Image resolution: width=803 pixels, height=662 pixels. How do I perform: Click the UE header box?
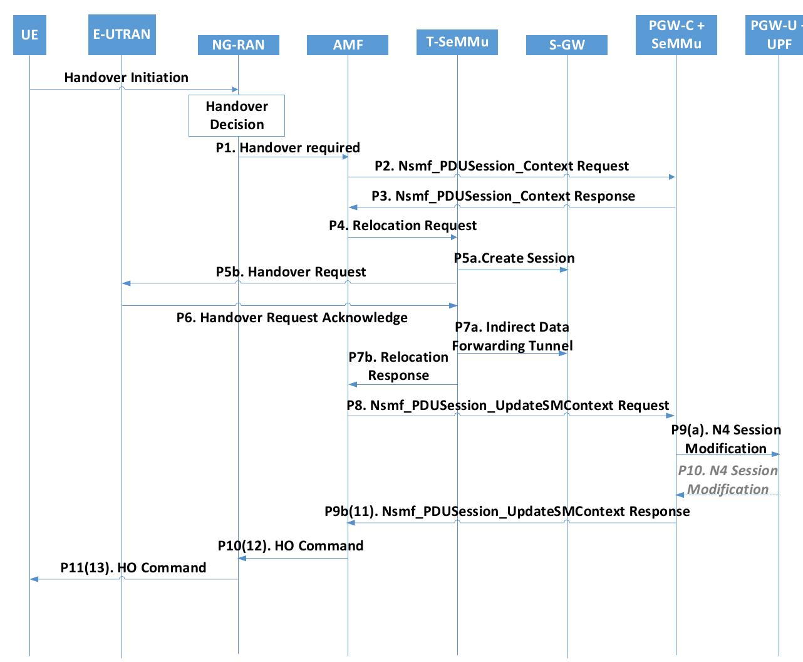(x=29, y=35)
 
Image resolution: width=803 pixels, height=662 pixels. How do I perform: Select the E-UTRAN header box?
(x=122, y=34)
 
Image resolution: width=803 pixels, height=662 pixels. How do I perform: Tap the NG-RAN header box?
(x=238, y=45)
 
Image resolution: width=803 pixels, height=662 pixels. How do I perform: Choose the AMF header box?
(x=348, y=45)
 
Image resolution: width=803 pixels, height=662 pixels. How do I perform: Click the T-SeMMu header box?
(x=457, y=42)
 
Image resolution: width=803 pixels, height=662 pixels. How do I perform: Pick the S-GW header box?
(x=567, y=45)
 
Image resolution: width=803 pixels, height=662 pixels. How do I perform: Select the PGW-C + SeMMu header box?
(x=676, y=35)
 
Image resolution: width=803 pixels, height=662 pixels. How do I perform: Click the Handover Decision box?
(x=237, y=115)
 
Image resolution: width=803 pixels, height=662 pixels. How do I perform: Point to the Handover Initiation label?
(x=126, y=78)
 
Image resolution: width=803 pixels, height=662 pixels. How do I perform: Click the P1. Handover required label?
(x=288, y=148)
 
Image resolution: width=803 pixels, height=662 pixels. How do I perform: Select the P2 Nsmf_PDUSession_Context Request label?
(x=501, y=166)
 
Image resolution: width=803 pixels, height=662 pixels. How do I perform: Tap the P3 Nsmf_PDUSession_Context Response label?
(x=503, y=196)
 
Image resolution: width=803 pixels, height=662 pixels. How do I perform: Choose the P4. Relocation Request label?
(x=403, y=226)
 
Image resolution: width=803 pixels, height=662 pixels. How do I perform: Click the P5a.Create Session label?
(x=514, y=258)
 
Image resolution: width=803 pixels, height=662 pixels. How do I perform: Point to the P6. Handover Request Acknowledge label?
(x=292, y=318)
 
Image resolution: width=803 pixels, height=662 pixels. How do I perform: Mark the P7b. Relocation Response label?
(x=398, y=366)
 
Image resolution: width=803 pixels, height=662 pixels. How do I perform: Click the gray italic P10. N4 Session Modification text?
(x=728, y=480)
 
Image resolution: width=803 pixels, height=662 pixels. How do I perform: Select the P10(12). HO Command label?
(x=291, y=546)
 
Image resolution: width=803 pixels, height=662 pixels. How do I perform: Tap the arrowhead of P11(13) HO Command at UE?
(x=34, y=579)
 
